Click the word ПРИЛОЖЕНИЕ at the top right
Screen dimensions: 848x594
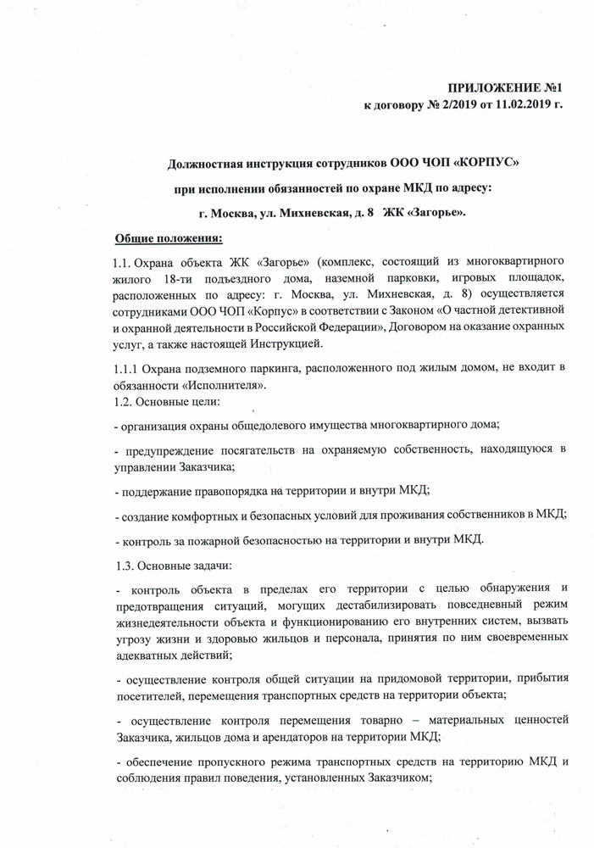click(491, 88)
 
